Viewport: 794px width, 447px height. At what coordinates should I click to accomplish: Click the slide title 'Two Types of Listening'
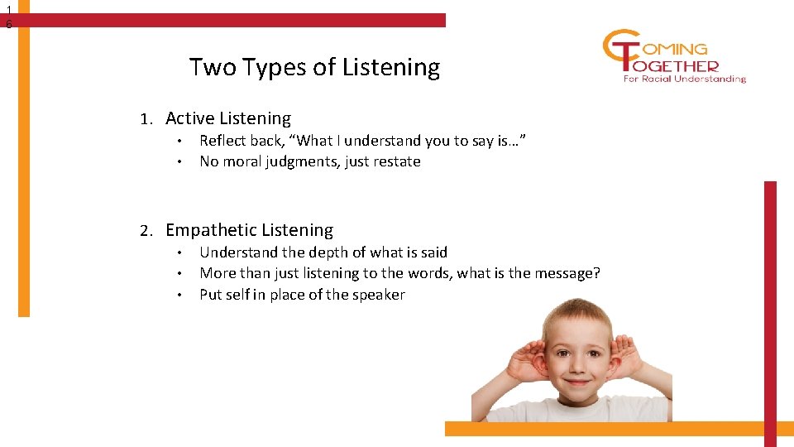tap(314, 66)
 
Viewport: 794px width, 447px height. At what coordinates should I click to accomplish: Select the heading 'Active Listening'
tap(228, 118)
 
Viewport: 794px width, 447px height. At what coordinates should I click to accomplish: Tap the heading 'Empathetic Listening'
tap(249, 230)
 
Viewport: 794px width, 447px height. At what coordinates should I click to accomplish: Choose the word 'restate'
tap(395, 162)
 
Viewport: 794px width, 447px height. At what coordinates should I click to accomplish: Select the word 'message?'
tap(569, 273)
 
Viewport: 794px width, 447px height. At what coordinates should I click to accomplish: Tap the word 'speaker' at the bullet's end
tap(378, 295)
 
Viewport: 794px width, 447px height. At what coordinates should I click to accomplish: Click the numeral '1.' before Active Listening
tap(146, 119)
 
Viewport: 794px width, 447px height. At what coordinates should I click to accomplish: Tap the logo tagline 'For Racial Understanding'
tap(685, 79)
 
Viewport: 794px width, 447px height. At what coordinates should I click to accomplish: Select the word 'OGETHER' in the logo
tap(680, 65)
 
